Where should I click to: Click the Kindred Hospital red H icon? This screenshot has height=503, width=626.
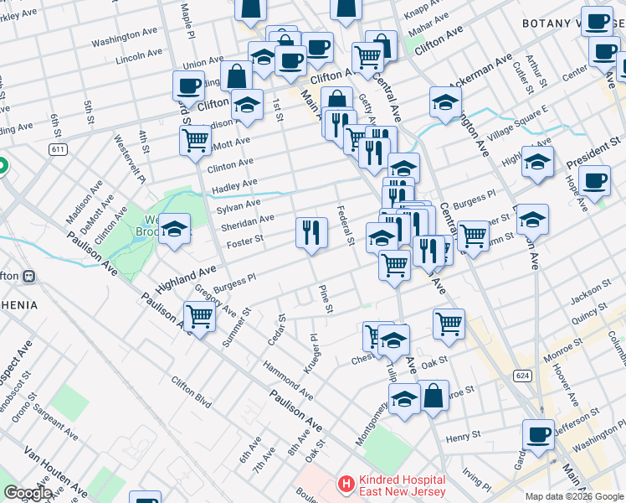click(345, 484)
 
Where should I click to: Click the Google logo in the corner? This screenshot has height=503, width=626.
click(28, 493)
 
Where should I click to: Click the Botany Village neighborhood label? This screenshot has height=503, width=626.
click(573, 24)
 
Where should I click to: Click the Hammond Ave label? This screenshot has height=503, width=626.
click(287, 380)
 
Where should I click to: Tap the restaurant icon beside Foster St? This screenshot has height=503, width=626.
click(311, 231)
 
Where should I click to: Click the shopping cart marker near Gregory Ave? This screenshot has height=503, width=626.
click(199, 317)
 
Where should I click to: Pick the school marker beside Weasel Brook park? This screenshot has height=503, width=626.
click(174, 228)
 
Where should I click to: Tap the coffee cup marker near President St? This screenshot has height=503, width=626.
click(594, 181)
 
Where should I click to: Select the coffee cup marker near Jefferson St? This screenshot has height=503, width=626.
click(538, 435)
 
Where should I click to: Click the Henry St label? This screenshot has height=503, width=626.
click(462, 437)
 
